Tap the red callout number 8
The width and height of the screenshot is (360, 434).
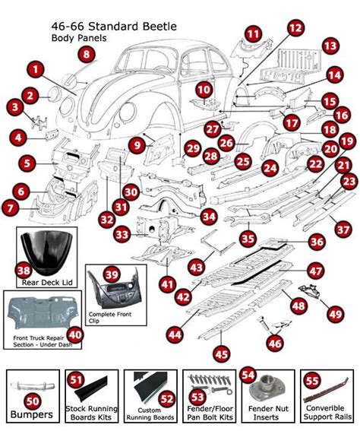(x=87, y=54)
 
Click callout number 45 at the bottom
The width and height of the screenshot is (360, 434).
(x=221, y=353)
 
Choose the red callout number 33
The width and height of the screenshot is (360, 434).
(x=122, y=236)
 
